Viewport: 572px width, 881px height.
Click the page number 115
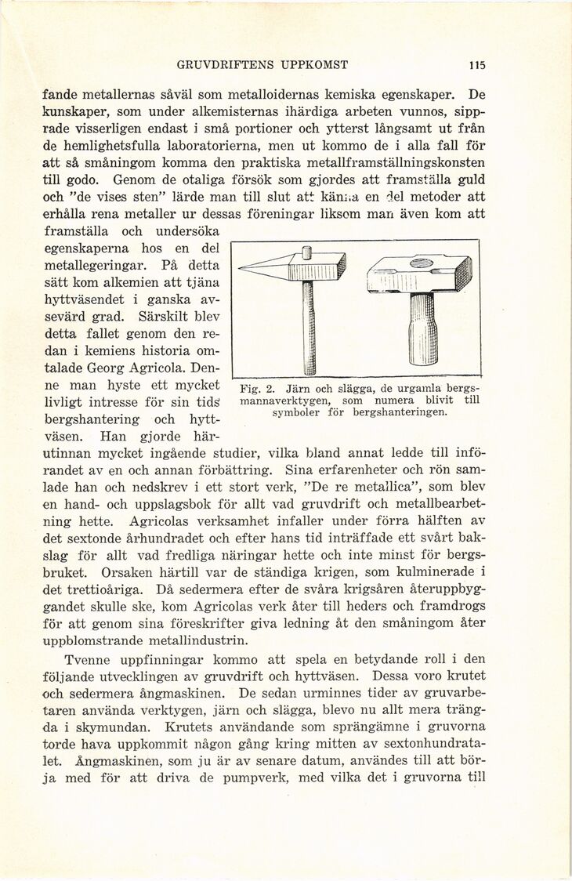point(477,65)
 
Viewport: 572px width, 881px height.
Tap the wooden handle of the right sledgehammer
point(422,329)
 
